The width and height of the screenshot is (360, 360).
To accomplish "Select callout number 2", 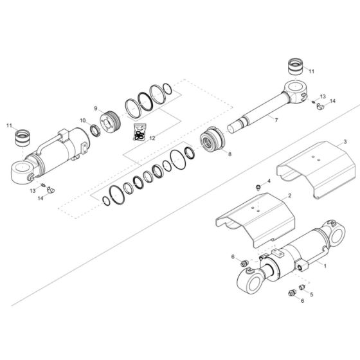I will click(290, 195).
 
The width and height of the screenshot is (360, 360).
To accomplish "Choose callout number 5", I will click(312, 295).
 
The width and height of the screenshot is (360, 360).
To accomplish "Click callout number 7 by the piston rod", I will click(276, 121).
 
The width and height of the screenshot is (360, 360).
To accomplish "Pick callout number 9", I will click(96, 108).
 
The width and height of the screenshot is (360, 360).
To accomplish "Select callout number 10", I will click(82, 120).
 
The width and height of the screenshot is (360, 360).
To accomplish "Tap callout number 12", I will click(152, 137).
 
